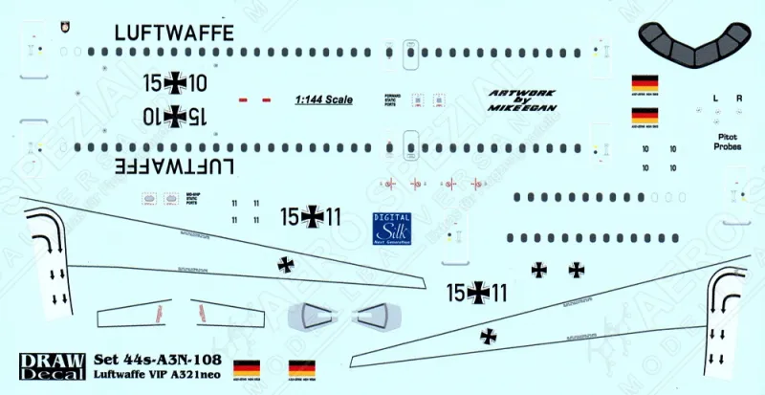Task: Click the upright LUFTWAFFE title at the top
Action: click(173, 32)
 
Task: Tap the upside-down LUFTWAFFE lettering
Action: click(173, 165)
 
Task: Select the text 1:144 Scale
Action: click(323, 99)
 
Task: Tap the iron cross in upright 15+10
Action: click(175, 83)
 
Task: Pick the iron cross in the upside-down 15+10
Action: click(175, 116)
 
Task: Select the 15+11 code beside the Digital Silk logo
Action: click(312, 218)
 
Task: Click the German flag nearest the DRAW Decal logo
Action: click(246, 366)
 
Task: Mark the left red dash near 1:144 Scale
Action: click(243, 99)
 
